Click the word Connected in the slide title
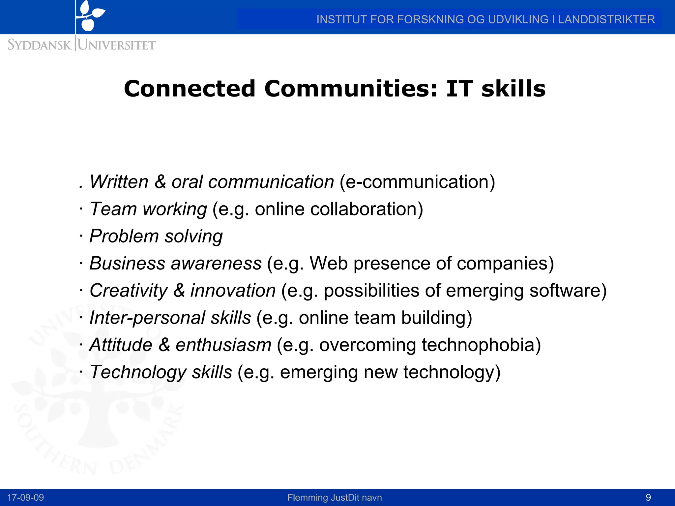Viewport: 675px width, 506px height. coord(190,89)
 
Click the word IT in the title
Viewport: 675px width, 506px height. coord(459,89)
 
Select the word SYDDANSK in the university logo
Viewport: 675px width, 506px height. coord(39,45)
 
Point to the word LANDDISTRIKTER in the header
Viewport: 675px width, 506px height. coord(606,19)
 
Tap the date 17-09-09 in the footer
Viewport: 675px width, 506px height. coord(25,497)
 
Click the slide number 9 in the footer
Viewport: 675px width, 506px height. coord(648,497)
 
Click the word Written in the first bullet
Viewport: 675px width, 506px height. coord(119,182)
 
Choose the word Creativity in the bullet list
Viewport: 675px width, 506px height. coord(129,291)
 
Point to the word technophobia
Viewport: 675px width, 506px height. coord(481,345)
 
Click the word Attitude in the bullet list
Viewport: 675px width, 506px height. coord(121,345)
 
